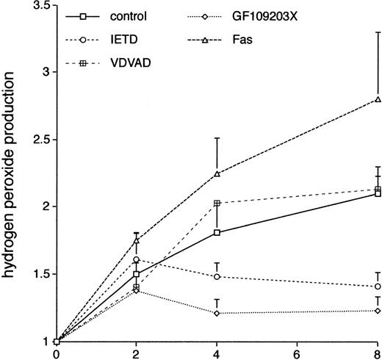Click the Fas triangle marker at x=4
pos(217,174)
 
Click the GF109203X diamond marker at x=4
pos(217,313)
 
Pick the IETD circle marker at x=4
pos(217,276)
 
